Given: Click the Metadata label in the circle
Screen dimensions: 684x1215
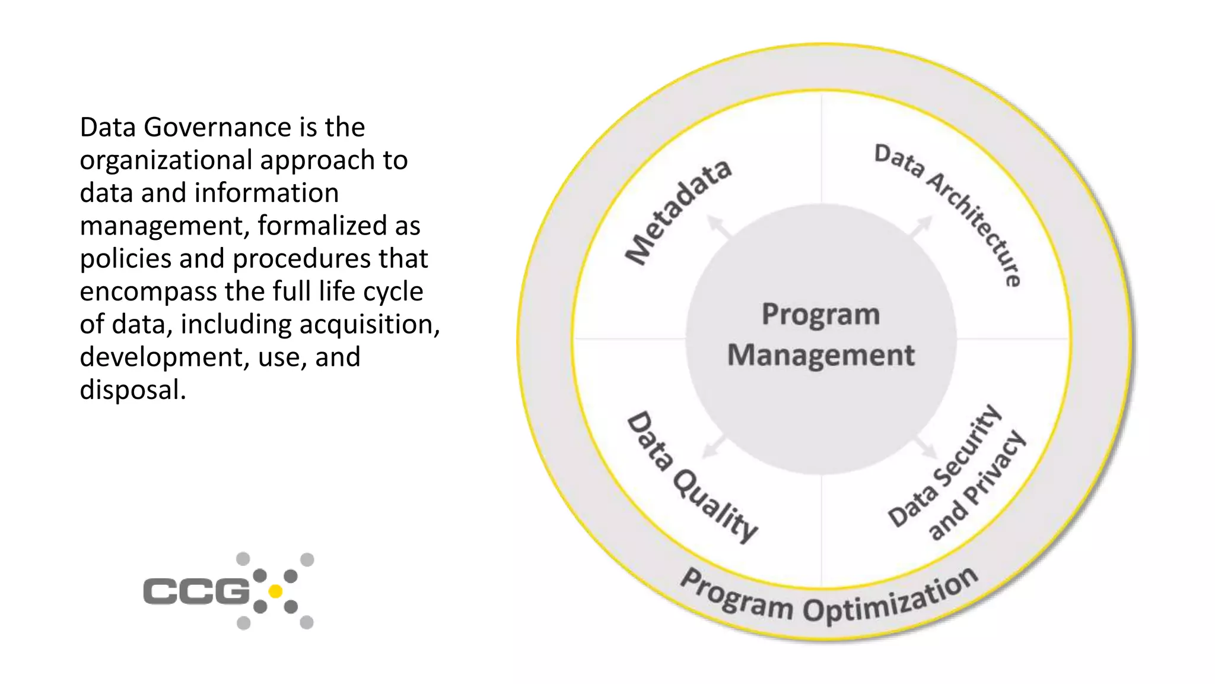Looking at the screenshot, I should click(679, 213).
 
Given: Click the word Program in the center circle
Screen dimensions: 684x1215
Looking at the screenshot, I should click(820, 314).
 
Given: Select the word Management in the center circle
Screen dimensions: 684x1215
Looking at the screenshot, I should click(820, 355).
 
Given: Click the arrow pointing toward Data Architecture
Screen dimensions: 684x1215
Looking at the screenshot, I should click(921, 227).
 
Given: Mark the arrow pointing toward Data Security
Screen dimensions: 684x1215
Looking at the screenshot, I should click(925, 446).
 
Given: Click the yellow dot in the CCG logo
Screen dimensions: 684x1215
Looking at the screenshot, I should click(275, 591).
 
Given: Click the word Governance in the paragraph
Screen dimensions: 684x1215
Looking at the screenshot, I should click(217, 127).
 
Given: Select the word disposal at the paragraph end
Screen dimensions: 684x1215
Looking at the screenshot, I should click(132, 390).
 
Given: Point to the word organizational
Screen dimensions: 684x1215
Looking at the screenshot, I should click(167, 160).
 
